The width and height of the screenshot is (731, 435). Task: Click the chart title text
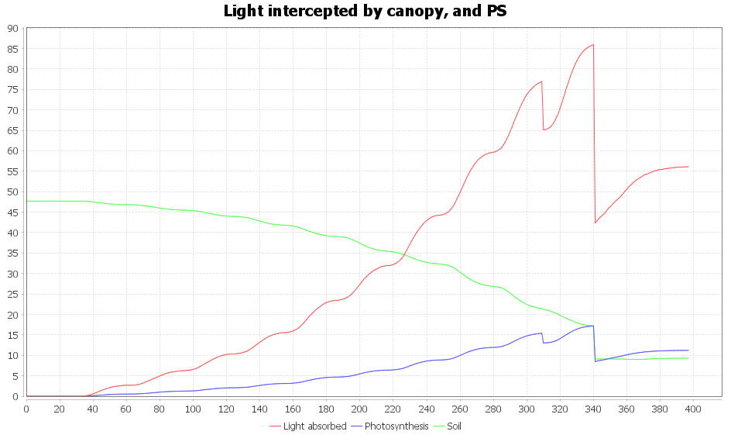[365, 11]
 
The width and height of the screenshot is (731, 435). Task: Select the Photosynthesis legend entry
[396, 426]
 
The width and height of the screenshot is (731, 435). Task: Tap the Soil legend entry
[454, 426]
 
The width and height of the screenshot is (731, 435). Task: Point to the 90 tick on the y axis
[12, 29]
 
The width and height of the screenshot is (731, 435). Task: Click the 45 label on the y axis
[12, 212]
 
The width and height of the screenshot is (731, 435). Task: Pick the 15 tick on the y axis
[12, 335]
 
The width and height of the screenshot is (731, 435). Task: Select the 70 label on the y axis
[12, 110]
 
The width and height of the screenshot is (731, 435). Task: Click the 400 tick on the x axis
[693, 409]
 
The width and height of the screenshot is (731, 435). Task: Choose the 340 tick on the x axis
[593, 409]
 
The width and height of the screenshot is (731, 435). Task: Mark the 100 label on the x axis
[193, 409]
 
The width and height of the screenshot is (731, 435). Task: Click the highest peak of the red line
[593, 45]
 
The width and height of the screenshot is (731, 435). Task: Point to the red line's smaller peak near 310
[542, 81]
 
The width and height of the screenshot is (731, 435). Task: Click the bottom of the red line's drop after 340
[595, 223]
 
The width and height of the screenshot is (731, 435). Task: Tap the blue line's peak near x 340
[592, 326]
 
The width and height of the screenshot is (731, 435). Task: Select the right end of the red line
[688, 167]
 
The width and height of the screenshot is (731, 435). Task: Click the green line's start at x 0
[27, 201]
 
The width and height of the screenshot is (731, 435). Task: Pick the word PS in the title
[496, 11]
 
